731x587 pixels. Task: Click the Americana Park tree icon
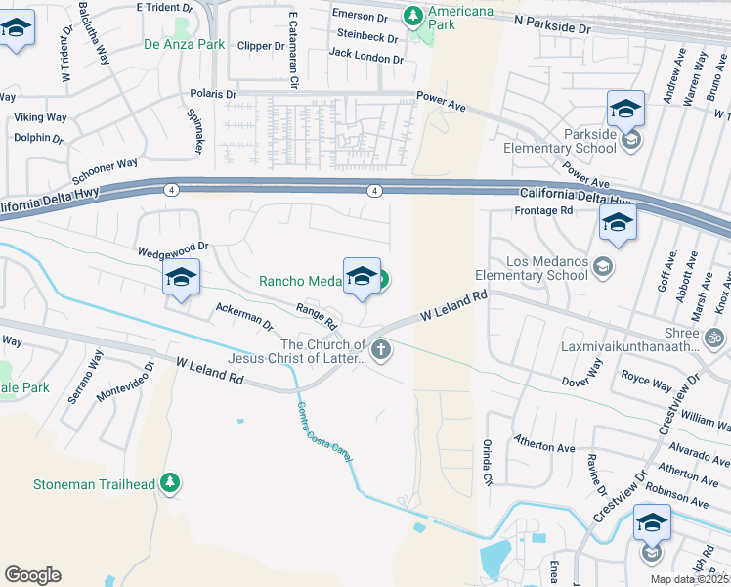(413, 15)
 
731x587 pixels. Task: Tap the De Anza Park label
(185, 44)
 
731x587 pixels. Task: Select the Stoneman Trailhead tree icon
(171, 482)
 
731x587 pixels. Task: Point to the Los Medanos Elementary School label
(546, 268)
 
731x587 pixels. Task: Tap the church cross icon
(381, 349)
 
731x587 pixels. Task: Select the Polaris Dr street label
(214, 94)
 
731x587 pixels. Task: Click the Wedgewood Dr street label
(174, 248)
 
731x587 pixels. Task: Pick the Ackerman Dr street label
(243, 315)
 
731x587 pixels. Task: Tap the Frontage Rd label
(543, 210)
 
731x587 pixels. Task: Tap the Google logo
(32, 575)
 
